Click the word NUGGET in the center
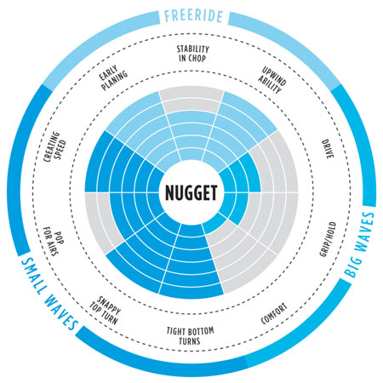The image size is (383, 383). coord(191,193)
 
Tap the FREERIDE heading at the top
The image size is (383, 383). coord(193,16)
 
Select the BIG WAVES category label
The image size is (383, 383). coord(358,244)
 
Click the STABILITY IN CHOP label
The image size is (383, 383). coord(192,54)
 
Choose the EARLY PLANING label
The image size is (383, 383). coord(113,78)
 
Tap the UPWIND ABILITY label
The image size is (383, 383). coord(272,80)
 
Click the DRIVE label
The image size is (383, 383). coord(328,149)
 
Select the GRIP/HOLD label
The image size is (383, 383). coord(328,239)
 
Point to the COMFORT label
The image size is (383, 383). coord(274,313)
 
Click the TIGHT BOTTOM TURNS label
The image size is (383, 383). coord(190,336)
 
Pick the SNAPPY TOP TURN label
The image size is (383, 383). coord(106,311)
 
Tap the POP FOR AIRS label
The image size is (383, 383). coord(54,241)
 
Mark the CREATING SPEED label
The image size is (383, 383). coord(54,146)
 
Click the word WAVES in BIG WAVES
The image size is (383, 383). coord(364,232)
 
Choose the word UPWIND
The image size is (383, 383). coord(274,76)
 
